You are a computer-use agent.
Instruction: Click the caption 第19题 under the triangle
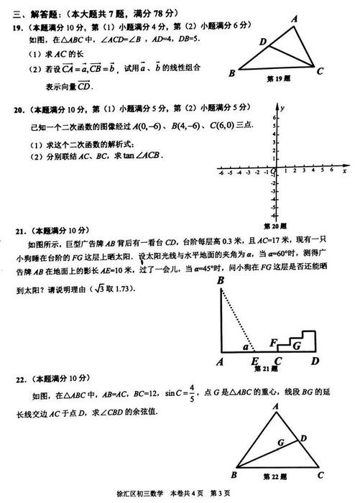(x=278, y=78)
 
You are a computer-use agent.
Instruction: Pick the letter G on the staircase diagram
(x=295, y=346)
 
